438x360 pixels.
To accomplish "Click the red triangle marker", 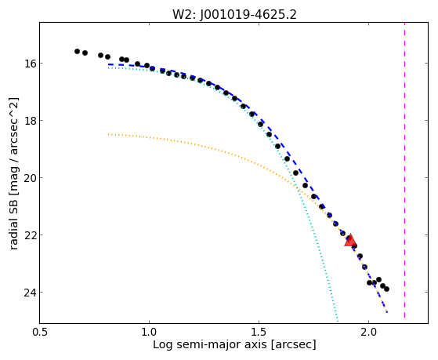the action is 350,241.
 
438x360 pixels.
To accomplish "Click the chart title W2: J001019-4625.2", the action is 234,15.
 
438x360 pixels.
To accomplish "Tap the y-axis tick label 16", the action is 30,64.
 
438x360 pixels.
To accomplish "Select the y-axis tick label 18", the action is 30,121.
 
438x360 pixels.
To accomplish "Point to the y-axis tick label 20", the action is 30,178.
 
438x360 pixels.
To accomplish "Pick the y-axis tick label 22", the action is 30,235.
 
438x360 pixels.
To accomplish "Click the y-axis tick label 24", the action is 30,293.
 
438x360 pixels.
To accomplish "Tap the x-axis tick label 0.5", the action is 40,332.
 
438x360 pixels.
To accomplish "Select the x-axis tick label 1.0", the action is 149,332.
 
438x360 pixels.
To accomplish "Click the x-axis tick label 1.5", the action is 259,332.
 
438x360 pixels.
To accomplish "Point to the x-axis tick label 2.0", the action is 369,332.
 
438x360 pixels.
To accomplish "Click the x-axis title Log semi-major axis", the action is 209,344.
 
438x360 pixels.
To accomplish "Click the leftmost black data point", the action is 77,51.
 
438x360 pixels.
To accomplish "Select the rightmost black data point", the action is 386,289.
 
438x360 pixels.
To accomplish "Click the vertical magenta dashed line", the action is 404,170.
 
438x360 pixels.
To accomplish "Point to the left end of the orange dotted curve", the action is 108,134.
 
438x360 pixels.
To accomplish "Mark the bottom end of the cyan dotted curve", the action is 338,321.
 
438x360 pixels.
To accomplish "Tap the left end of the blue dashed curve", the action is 108,64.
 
